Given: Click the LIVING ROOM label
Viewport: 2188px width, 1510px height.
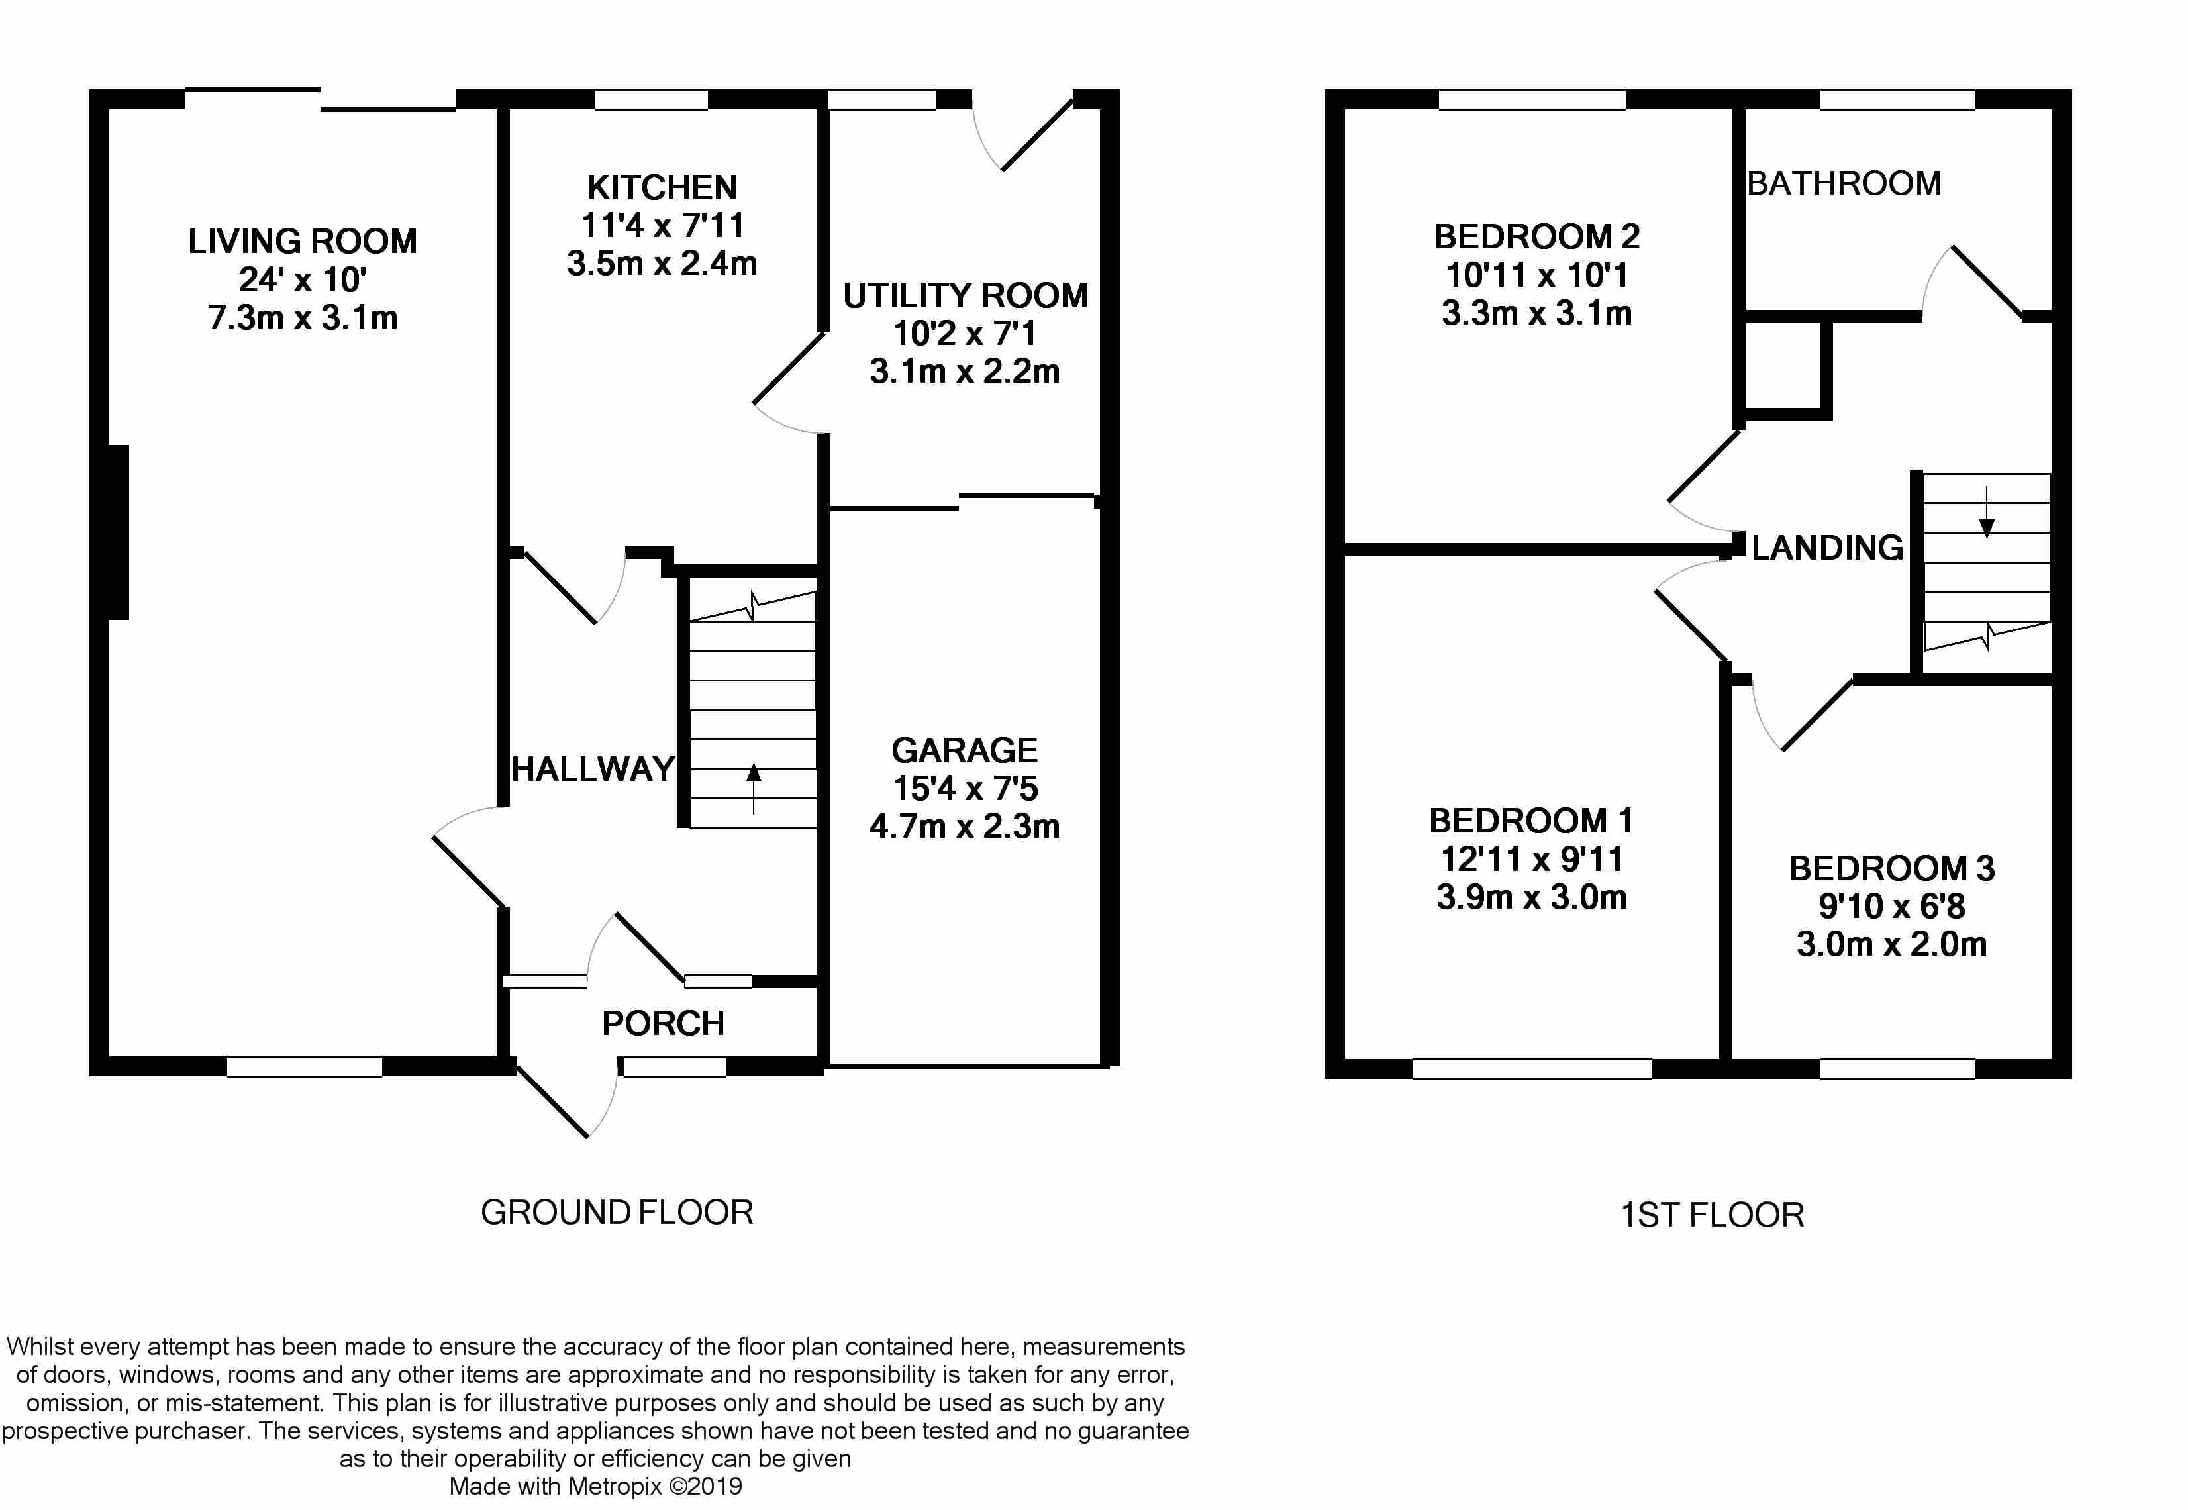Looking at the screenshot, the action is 303,241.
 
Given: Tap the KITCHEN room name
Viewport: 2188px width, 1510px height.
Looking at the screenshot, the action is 662,187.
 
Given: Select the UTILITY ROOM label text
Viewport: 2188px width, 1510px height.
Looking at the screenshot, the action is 965,296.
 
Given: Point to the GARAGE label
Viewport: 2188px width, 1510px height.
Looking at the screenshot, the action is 965,750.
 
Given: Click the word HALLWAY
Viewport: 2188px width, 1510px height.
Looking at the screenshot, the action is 593,769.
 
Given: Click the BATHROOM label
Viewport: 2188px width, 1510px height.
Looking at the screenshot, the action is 1844,183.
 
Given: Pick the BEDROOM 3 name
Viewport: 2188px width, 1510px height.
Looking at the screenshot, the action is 1892,868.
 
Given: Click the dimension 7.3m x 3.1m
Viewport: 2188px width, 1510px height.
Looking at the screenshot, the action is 303,317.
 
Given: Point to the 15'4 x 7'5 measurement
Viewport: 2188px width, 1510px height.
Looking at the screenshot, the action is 965,788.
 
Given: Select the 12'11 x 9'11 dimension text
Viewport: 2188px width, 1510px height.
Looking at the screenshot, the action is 1532,859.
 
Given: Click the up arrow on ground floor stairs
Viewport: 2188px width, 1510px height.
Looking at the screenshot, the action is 754,788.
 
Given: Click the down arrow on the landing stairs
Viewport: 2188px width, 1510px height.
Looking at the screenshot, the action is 1987,512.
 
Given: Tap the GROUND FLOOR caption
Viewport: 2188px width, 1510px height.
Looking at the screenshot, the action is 617,1212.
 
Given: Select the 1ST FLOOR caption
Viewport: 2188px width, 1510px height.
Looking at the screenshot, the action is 1712,1215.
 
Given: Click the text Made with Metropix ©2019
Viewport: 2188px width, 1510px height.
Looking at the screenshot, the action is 595,1486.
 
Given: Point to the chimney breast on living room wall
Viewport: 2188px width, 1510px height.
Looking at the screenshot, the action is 119,532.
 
